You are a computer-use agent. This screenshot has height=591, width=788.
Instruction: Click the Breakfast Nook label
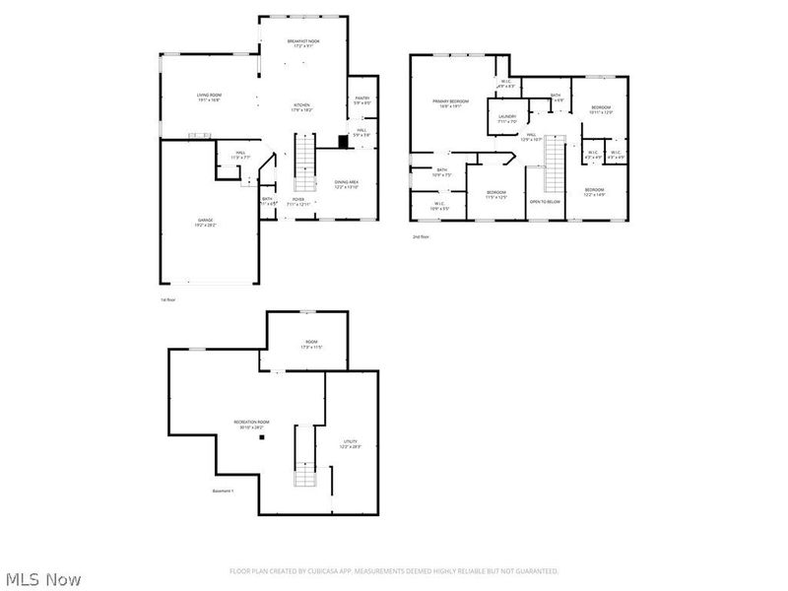tap(303, 42)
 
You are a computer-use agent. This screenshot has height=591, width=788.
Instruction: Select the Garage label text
tap(205, 222)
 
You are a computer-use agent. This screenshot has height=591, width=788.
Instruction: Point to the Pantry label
tap(361, 99)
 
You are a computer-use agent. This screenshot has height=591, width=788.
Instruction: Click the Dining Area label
tap(346, 183)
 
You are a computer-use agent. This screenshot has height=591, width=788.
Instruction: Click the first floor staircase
tap(304, 163)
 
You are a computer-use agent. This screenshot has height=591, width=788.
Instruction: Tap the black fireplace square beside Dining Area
tap(342, 141)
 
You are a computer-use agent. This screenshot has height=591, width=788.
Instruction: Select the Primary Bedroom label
tap(451, 102)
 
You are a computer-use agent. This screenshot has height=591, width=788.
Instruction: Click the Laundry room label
tap(506, 118)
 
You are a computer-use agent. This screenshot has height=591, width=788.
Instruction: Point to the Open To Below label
tap(545, 202)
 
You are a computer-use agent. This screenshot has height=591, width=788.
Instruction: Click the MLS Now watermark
tap(43, 579)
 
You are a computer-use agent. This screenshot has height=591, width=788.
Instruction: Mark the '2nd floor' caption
tap(422, 237)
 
